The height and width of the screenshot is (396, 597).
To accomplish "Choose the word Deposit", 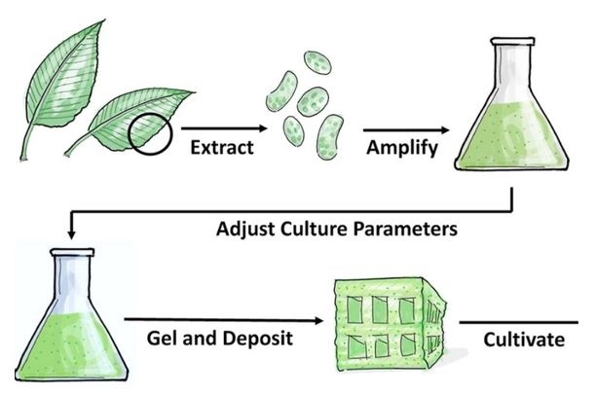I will pyautogui.click(x=266, y=340).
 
